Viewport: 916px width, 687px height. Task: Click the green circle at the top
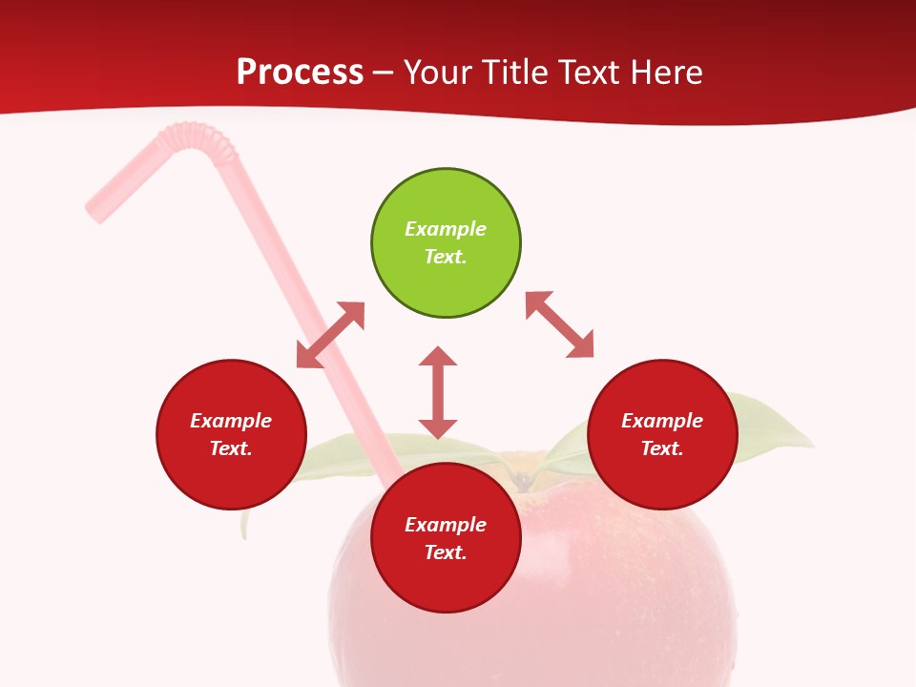(x=446, y=243)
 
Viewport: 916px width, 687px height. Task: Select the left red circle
(x=231, y=434)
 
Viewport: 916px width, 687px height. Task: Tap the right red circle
(x=662, y=434)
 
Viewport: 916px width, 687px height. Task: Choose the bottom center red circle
(x=446, y=538)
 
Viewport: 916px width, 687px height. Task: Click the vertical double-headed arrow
(x=438, y=392)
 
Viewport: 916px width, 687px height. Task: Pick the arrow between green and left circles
(x=330, y=335)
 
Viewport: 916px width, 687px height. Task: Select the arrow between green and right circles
(x=560, y=324)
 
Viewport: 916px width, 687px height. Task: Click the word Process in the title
(x=300, y=73)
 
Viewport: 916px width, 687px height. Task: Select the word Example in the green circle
(x=446, y=229)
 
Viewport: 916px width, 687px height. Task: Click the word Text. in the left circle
(x=231, y=448)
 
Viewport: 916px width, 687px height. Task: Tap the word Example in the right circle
(x=662, y=421)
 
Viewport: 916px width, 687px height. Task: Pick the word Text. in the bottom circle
(x=446, y=552)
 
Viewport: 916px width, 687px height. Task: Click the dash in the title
(x=384, y=73)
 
